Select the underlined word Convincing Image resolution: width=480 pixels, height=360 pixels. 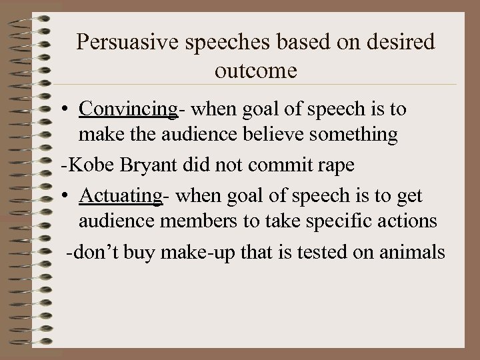127,109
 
